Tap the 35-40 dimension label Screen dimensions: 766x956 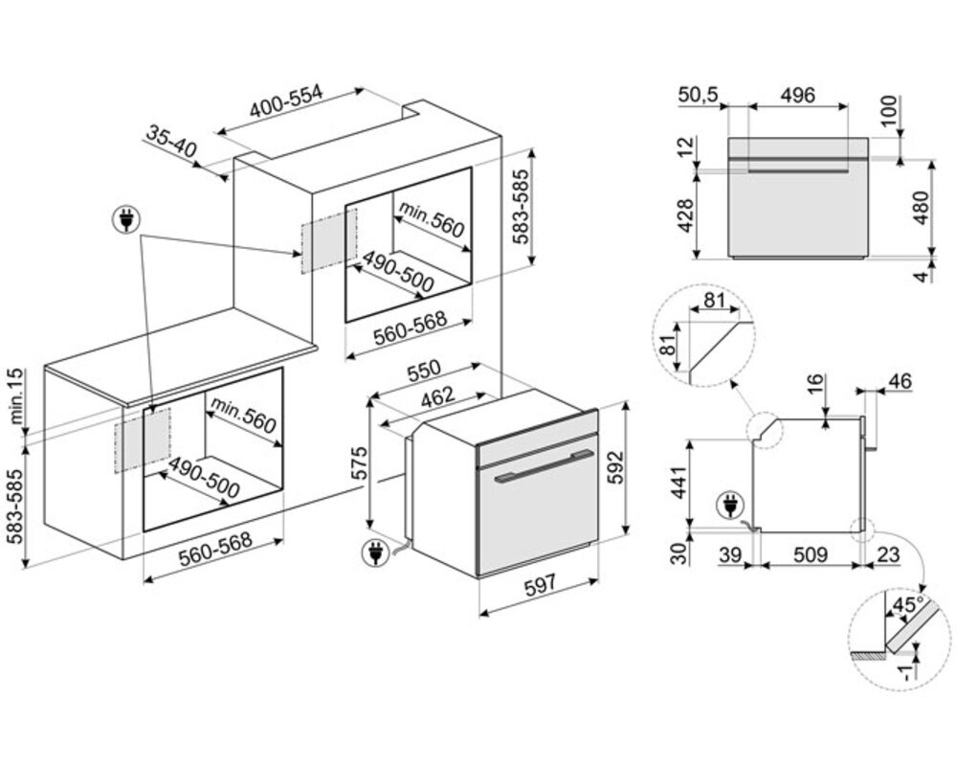point(171,142)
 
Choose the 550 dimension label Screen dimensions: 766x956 point(422,369)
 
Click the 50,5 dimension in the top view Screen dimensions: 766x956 point(698,95)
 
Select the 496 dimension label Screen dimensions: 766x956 point(796,95)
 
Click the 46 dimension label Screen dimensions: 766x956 point(900,381)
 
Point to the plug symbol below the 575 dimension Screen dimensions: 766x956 point(375,552)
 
